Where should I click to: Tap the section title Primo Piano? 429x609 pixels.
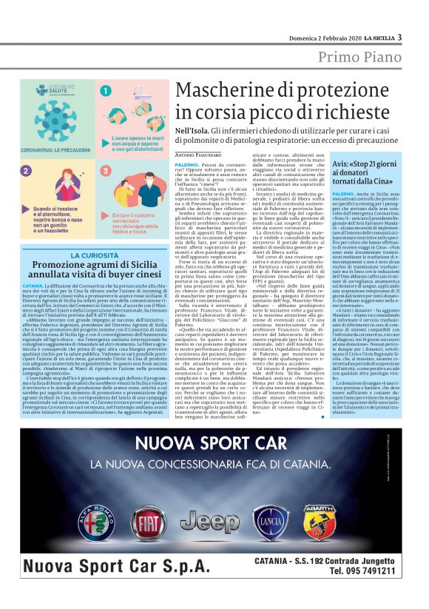point(361,58)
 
